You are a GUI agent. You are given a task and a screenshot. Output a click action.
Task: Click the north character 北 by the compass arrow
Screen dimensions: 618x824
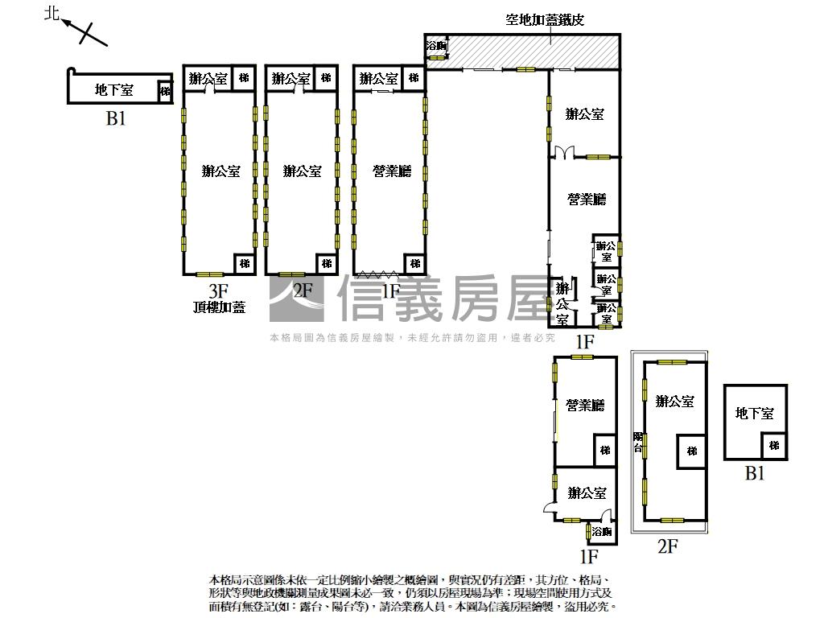point(52,14)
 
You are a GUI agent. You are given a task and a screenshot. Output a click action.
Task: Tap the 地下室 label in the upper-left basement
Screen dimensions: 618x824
point(114,89)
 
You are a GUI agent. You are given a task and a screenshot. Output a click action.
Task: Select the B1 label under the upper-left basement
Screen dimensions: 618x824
point(117,118)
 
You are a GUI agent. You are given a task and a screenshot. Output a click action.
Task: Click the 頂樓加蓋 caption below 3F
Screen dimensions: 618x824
point(219,307)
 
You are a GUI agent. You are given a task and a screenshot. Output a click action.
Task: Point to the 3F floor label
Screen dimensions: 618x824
point(219,290)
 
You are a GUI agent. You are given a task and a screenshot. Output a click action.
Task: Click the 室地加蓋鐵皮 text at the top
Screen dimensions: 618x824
point(545,20)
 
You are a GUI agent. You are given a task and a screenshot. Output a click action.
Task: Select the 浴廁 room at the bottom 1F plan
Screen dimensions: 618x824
point(601,531)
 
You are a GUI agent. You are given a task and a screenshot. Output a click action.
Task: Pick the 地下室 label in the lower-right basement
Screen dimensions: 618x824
point(754,413)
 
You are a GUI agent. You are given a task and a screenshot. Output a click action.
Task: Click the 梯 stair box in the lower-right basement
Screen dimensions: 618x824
point(773,445)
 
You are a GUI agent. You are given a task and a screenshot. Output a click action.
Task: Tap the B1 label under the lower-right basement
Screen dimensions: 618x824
point(754,473)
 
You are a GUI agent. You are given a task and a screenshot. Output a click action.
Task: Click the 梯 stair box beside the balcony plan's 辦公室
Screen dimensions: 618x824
point(691,451)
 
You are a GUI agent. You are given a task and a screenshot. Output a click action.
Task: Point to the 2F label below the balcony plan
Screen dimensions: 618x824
point(668,547)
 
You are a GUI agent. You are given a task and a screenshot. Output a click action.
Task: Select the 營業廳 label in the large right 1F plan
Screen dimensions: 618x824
point(586,199)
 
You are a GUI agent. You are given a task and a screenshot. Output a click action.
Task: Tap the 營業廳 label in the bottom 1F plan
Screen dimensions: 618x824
point(584,405)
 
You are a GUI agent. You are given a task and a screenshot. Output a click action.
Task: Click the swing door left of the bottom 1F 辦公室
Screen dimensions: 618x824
point(549,507)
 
